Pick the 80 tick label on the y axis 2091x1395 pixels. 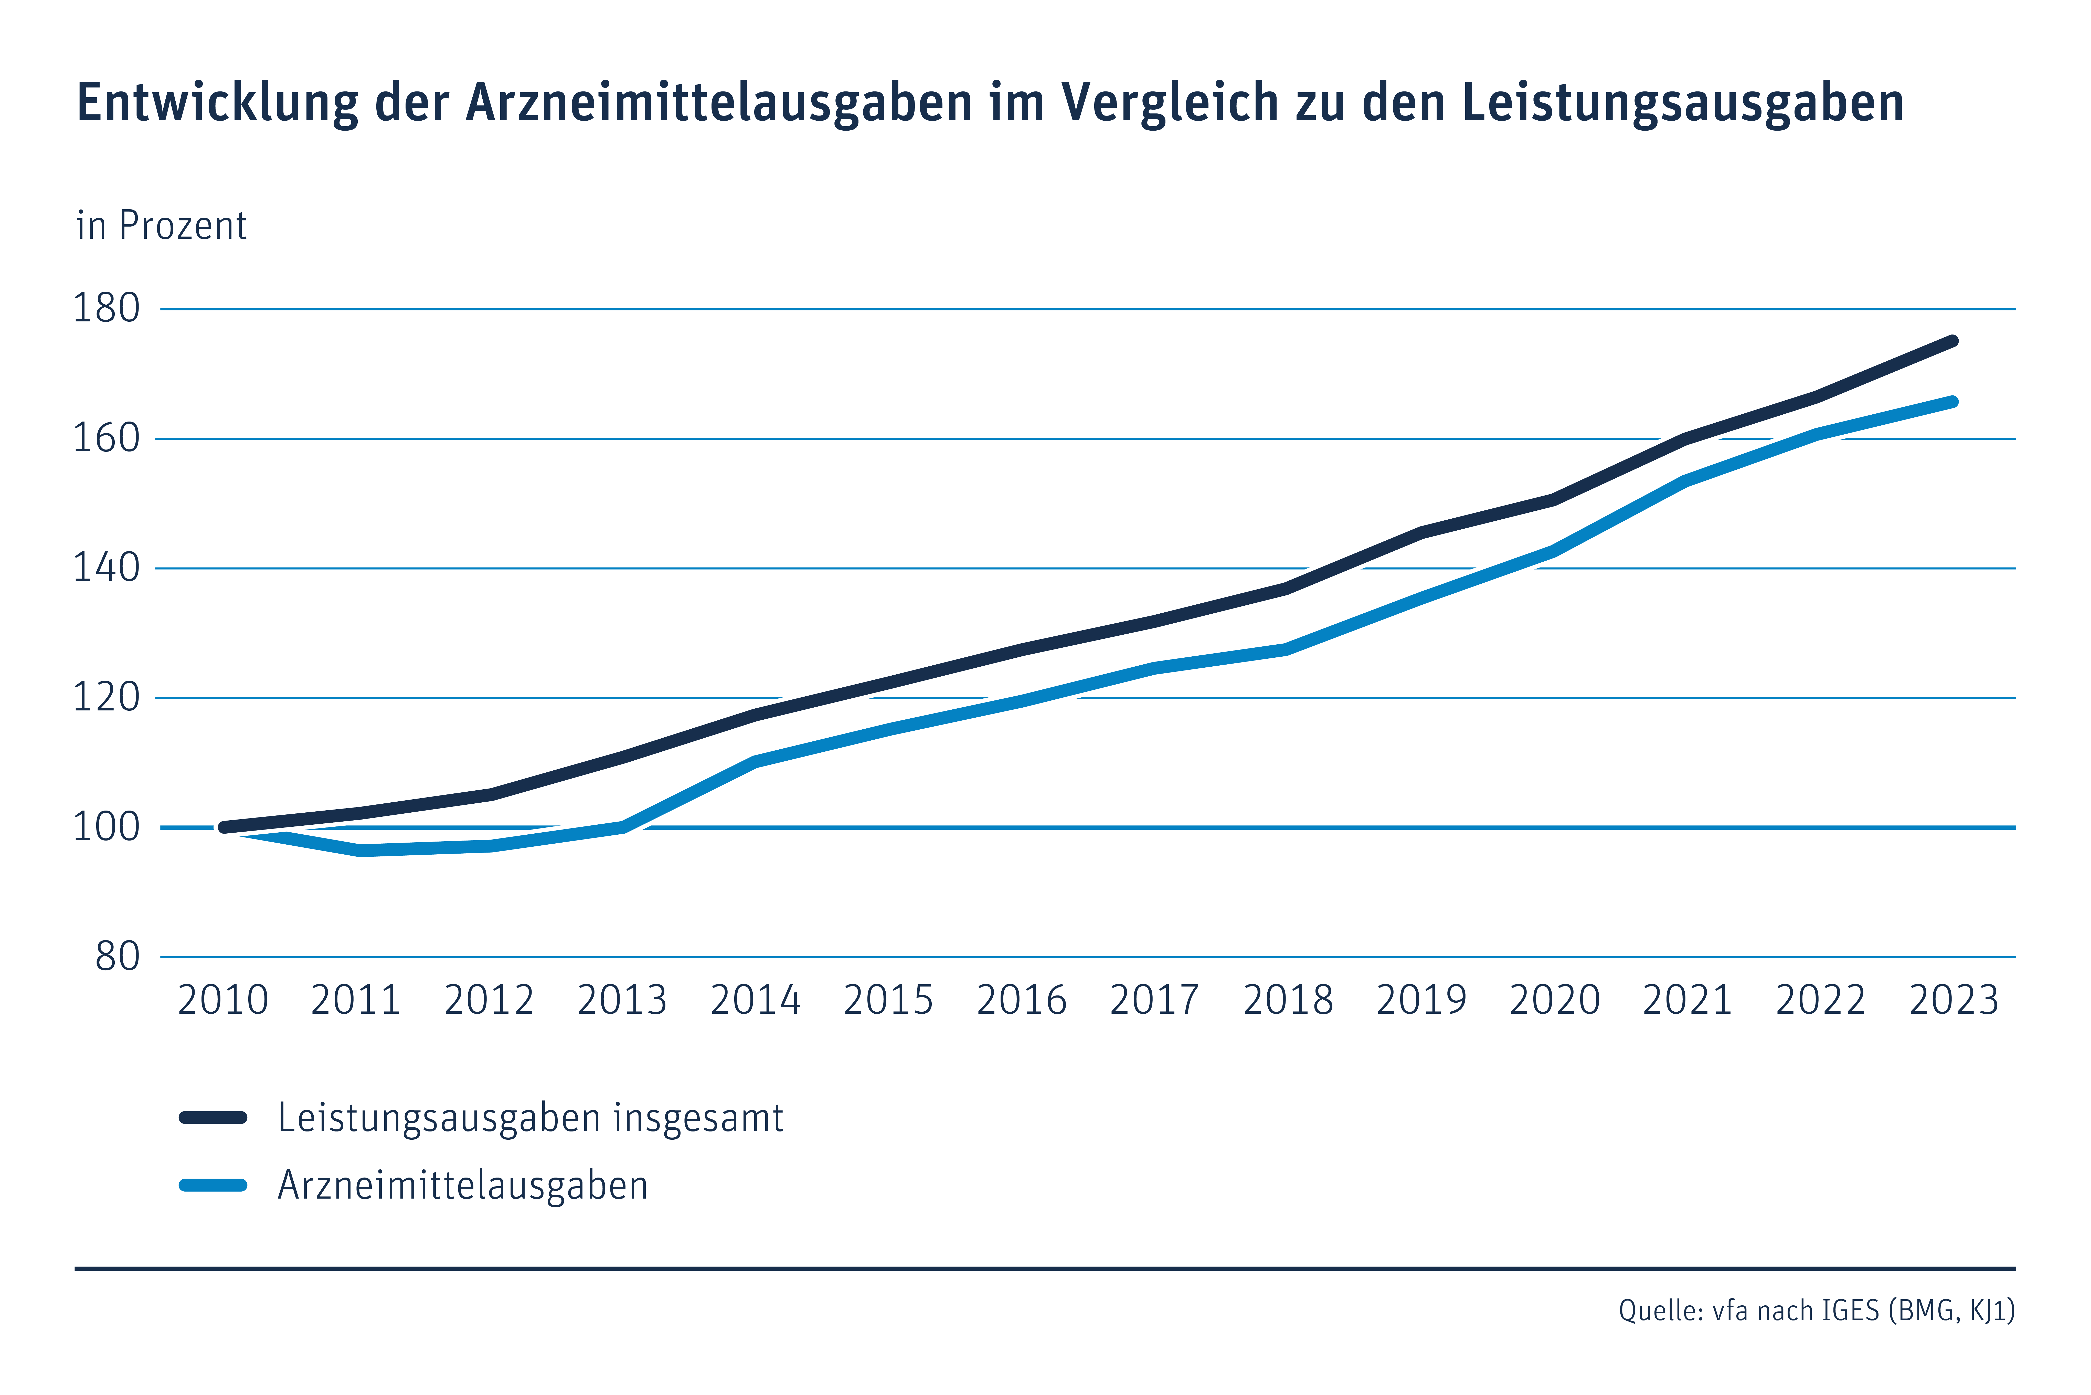118,956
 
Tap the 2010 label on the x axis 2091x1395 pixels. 223,1000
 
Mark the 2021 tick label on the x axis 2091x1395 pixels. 1687,1000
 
